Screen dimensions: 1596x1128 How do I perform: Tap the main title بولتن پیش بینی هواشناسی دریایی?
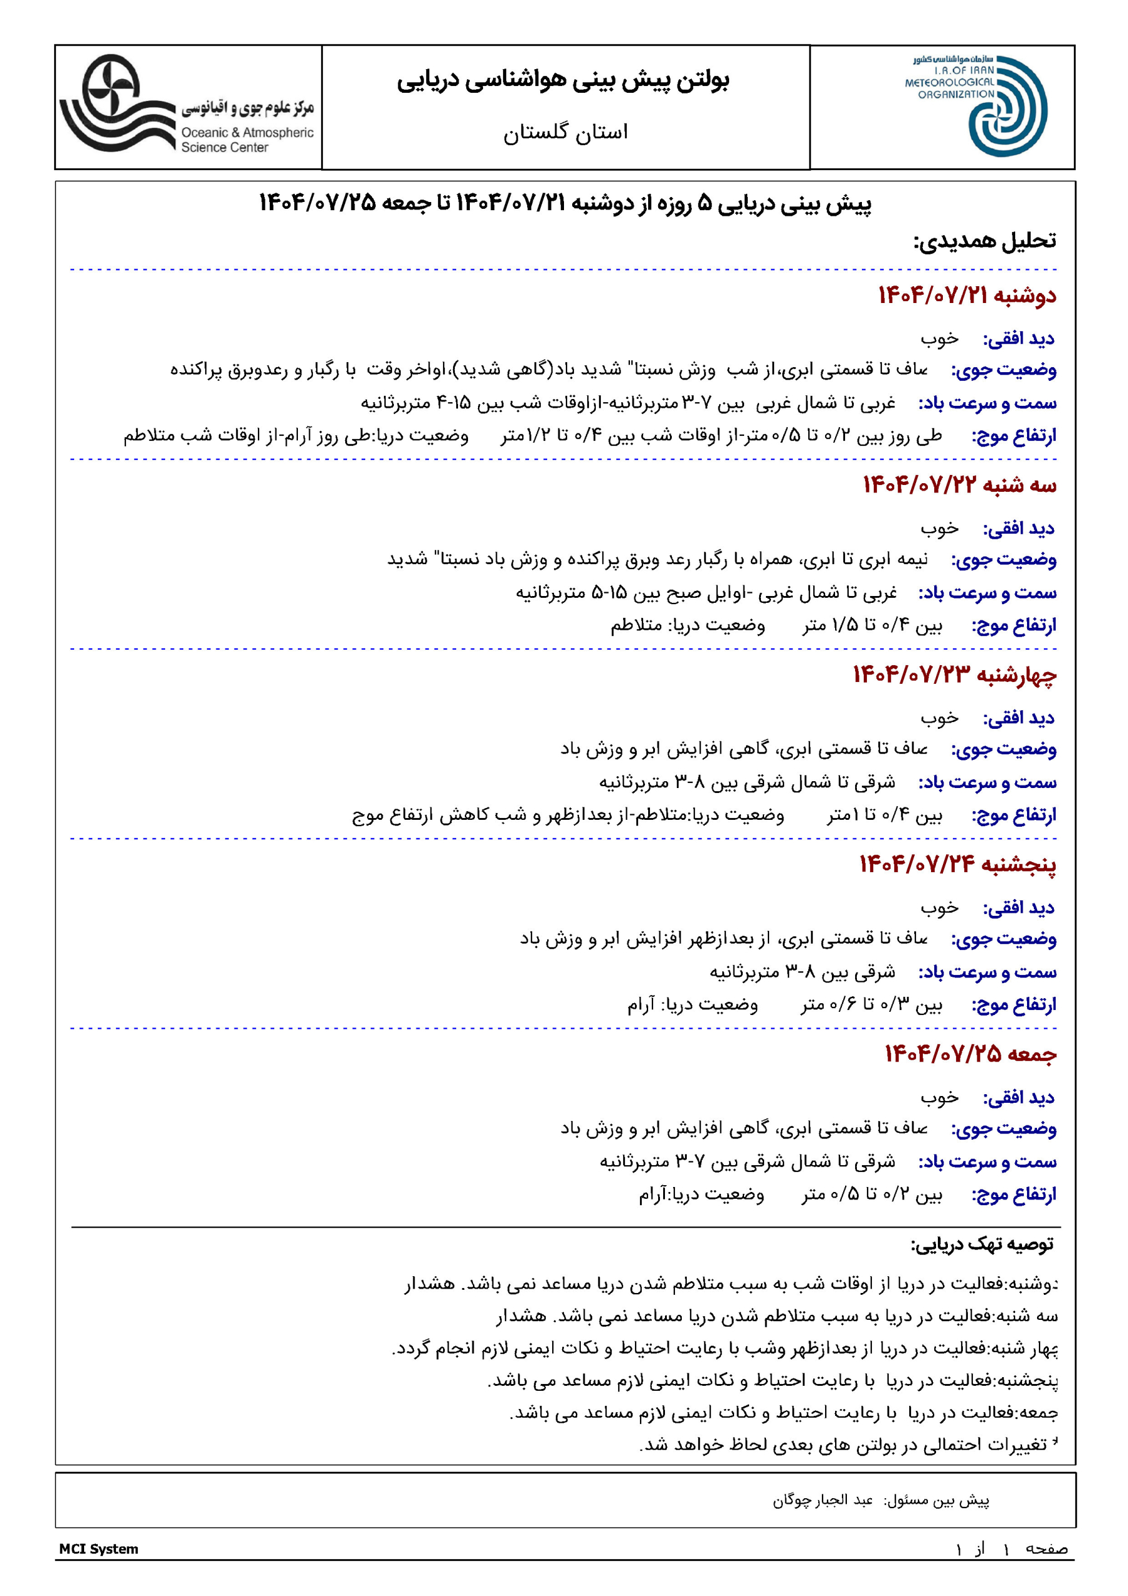(563, 80)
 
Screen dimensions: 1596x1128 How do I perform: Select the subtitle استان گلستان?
(565, 132)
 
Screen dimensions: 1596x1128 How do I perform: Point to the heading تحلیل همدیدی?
(984, 241)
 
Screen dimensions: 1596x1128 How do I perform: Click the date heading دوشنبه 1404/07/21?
(966, 296)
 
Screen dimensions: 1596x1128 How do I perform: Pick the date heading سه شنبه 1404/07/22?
(959, 485)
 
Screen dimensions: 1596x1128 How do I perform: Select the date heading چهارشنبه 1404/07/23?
(954, 675)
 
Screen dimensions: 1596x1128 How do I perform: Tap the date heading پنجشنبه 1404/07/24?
(957, 864)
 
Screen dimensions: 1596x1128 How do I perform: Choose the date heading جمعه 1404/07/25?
(970, 1054)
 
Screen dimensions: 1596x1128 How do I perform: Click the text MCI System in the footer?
(98, 1549)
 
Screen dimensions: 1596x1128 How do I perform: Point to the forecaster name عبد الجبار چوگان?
(823, 1500)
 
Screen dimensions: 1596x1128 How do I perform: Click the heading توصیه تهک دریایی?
(982, 1244)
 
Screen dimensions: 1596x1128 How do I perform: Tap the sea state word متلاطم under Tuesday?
(636, 625)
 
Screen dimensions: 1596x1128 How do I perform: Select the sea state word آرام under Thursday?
(641, 1005)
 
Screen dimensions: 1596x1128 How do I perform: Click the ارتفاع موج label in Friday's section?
(1013, 1195)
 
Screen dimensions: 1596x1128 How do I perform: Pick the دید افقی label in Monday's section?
(1018, 339)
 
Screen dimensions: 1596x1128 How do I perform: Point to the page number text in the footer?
(1012, 1549)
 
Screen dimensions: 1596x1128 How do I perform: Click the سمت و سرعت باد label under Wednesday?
(987, 782)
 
